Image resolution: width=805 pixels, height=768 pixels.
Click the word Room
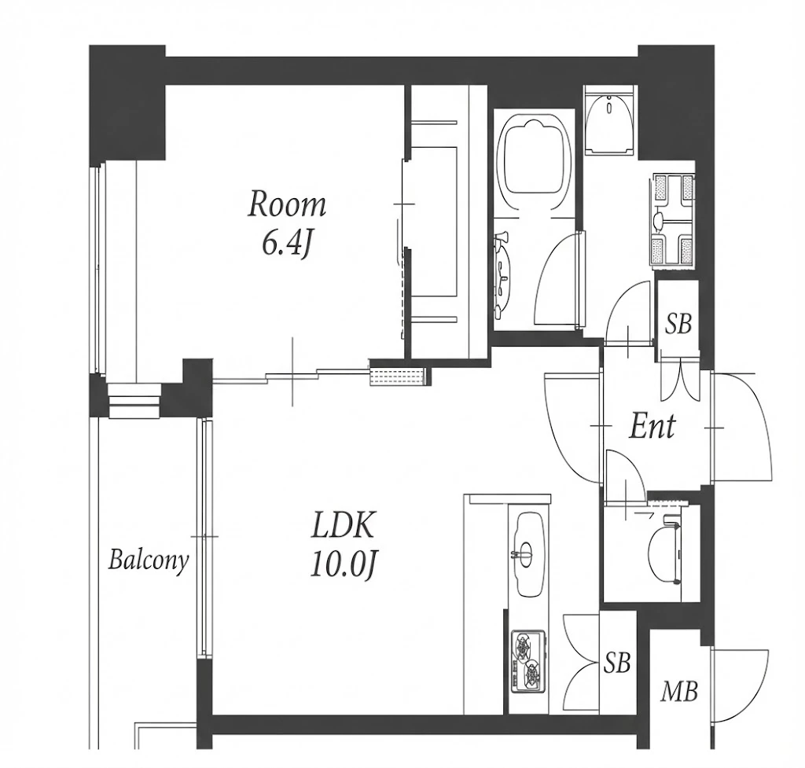287,204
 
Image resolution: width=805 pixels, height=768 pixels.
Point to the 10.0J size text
344,564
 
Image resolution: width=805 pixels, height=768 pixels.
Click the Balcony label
149,560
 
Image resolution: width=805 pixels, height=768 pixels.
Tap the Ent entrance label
652,427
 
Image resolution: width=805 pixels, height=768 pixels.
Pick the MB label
678,691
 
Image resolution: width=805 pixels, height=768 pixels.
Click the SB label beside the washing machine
678,325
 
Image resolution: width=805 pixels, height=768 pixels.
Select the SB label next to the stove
616,663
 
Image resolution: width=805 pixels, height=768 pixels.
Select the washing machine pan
673,221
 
